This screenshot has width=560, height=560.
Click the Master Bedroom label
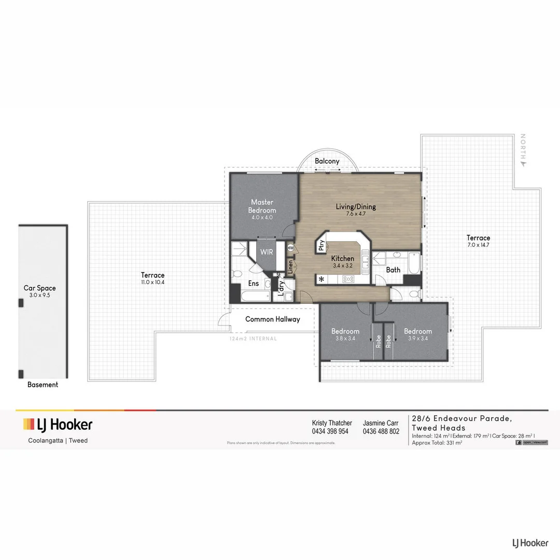[262, 206]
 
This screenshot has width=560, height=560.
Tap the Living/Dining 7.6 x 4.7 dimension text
[356, 214]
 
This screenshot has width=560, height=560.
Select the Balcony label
[327, 161]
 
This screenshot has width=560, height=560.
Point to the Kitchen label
[343, 258]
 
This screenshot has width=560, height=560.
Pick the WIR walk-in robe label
[267, 252]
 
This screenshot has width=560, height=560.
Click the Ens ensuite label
[254, 283]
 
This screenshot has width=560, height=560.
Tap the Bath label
[393, 270]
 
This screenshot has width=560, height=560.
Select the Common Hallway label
[273, 319]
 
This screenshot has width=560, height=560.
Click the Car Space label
[39, 288]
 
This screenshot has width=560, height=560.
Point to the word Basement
[43, 385]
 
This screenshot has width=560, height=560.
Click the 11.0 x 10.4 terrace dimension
[153, 282]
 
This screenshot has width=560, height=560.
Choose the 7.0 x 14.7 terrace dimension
[478, 245]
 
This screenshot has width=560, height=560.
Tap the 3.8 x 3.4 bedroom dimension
[345, 338]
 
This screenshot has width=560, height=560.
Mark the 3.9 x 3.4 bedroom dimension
[418, 338]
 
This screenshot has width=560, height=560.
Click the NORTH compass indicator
[524, 149]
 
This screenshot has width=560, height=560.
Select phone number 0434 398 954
[330, 431]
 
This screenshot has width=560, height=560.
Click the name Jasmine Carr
[381, 423]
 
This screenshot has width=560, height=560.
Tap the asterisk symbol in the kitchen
[321, 279]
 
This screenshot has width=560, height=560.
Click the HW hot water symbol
[290, 248]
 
